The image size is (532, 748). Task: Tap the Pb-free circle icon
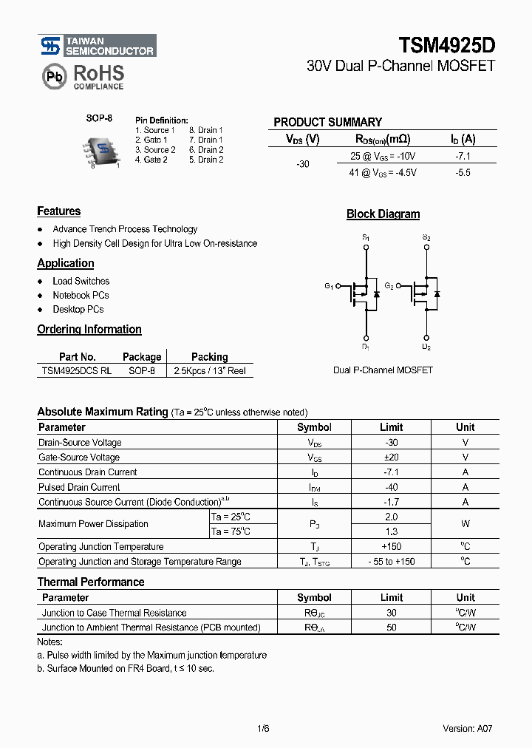pyautogui.click(x=52, y=76)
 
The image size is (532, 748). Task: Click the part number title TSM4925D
pyautogui.click(x=447, y=45)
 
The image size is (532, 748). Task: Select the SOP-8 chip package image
pyautogui.click(x=103, y=149)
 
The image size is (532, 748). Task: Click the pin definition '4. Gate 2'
pyautogui.click(x=151, y=160)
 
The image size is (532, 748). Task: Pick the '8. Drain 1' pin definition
pyautogui.click(x=205, y=130)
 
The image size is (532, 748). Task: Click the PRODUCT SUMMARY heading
pyautogui.click(x=327, y=122)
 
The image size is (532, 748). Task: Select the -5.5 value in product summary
pyautogui.click(x=463, y=172)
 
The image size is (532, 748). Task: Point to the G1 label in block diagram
pyautogui.click(x=329, y=286)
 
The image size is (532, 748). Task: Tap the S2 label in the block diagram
pyautogui.click(x=426, y=237)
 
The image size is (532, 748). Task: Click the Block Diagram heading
pyautogui.click(x=383, y=214)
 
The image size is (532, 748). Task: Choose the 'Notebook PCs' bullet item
pyautogui.click(x=81, y=295)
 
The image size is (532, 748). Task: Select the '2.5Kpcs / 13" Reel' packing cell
pyautogui.click(x=210, y=371)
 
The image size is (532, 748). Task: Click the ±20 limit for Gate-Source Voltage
pyautogui.click(x=391, y=458)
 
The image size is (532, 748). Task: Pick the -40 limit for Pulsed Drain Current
pyautogui.click(x=391, y=487)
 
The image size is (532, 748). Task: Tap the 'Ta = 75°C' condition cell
pyautogui.click(x=231, y=531)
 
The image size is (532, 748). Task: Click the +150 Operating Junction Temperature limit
pyautogui.click(x=391, y=546)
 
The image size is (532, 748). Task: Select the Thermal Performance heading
pyautogui.click(x=91, y=582)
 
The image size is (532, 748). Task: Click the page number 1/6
pyautogui.click(x=263, y=728)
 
